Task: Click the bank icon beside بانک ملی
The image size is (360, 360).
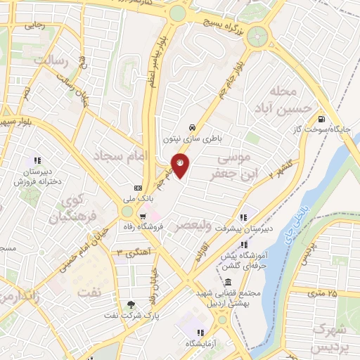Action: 138,188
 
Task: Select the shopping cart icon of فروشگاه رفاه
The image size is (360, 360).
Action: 143,216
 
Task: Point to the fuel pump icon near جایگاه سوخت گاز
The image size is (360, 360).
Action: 321,119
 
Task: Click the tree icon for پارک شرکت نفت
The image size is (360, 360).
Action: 131,304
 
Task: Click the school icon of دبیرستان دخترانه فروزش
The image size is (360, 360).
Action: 37,161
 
